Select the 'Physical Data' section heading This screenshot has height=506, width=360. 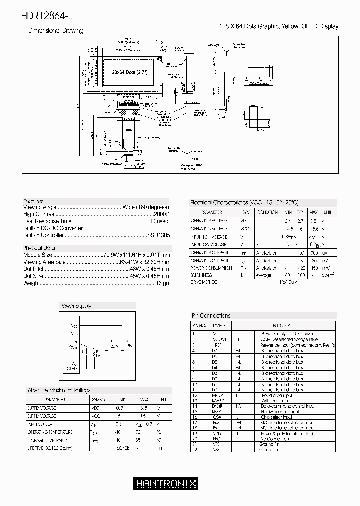click(x=39, y=248)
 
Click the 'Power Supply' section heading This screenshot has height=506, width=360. click(x=76, y=306)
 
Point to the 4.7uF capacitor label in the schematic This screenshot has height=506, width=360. click(x=85, y=345)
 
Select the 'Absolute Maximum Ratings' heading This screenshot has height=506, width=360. click(x=59, y=390)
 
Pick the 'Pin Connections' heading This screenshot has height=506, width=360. click(x=211, y=316)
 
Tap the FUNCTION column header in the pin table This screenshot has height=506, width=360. click(x=282, y=325)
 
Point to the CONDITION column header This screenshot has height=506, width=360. click(x=266, y=212)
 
